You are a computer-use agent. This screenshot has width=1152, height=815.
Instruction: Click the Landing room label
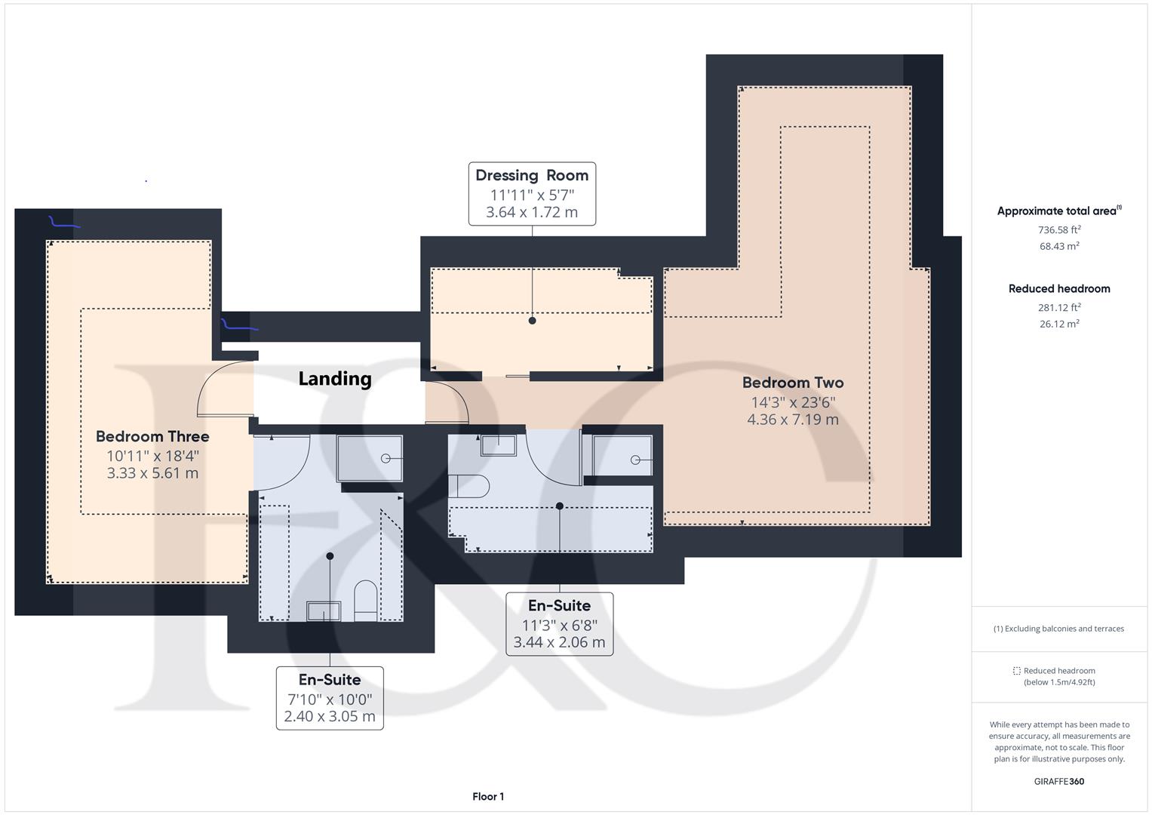pyautogui.click(x=335, y=379)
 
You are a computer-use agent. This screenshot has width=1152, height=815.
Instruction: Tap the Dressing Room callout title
pyautogui.click(x=532, y=175)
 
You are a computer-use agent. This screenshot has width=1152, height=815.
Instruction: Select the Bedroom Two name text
pyautogui.click(x=792, y=383)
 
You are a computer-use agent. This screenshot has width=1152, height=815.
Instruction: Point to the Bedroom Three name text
pyautogui.click(x=152, y=436)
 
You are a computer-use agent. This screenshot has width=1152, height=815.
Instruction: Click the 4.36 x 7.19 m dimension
pyautogui.click(x=792, y=420)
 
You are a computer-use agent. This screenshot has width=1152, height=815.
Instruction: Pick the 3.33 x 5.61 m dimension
pyautogui.click(x=152, y=473)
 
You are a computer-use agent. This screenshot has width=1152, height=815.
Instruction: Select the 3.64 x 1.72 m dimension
pyautogui.click(x=532, y=212)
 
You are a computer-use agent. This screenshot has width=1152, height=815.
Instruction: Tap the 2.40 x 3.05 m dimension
pyautogui.click(x=330, y=716)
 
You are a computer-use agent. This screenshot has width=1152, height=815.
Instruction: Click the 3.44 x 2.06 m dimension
pyautogui.click(x=559, y=642)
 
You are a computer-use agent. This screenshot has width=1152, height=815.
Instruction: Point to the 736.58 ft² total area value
pyautogui.click(x=1059, y=229)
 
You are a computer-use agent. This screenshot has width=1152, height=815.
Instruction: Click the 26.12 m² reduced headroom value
pyautogui.click(x=1059, y=324)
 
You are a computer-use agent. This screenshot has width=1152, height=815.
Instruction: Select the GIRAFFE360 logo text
pyautogui.click(x=1059, y=782)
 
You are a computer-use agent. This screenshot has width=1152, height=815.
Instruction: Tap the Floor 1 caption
pyautogui.click(x=488, y=796)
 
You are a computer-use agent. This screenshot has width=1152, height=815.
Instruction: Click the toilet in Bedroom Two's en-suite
pyautogui.click(x=468, y=486)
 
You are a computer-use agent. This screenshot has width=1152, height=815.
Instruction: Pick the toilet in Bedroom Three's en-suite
pyautogui.click(x=366, y=601)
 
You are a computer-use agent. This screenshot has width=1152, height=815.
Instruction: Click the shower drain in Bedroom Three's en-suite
pyautogui.click(x=386, y=459)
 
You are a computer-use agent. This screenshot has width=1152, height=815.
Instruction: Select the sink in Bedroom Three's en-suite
pyautogui.click(x=324, y=611)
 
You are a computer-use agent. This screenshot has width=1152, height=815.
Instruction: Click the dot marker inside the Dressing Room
pyautogui.click(x=533, y=321)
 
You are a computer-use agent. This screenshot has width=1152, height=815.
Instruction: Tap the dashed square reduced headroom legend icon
pyautogui.click(x=1016, y=671)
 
